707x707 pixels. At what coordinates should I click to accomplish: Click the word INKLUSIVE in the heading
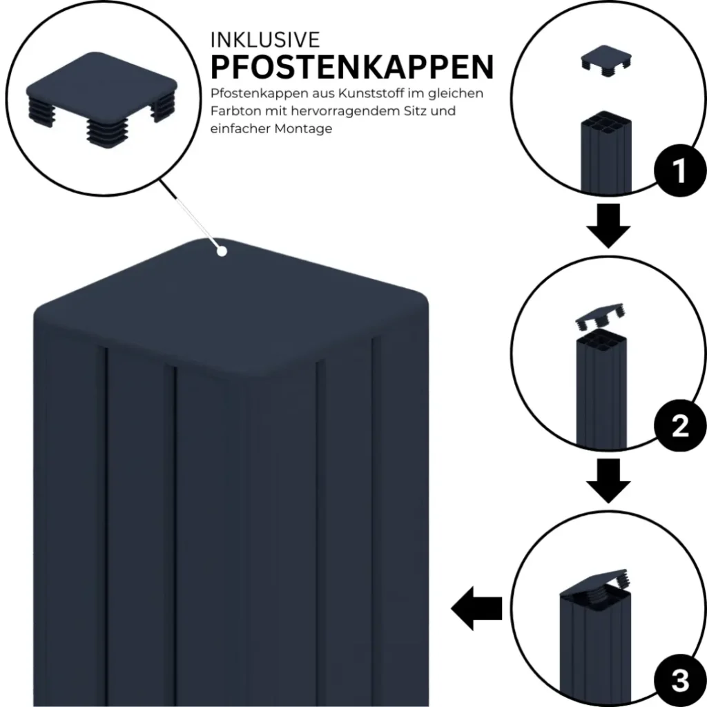pyautogui.click(x=265, y=40)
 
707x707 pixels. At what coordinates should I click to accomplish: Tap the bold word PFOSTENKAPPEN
pyautogui.click(x=352, y=67)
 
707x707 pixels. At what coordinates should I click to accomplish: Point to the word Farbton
pyautogui.click(x=236, y=111)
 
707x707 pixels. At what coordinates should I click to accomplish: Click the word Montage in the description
pyautogui.click(x=304, y=129)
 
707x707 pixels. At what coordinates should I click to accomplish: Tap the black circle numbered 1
pyautogui.click(x=679, y=171)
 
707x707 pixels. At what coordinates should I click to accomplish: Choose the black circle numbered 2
pyautogui.click(x=679, y=425)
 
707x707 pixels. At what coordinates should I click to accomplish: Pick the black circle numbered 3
pyautogui.click(x=680, y=680)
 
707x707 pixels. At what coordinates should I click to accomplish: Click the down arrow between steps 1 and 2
pyautogui.click(x=608, y=226)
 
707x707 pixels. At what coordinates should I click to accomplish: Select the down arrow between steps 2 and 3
pyautogui.click(x=608, y=481)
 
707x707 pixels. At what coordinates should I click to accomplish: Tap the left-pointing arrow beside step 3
pyautogui.click(x=476, y=608)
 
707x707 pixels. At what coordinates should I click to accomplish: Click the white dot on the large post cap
pyautogui.click(x=222, y=251)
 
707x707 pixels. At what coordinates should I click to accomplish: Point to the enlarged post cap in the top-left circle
pyautogui.click(x=102, y=100)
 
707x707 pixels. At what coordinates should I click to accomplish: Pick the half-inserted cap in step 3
pyautogui.click(x=595, y=586)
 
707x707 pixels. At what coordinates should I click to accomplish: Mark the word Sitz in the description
pyautogui.click(x=415, y=111)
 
